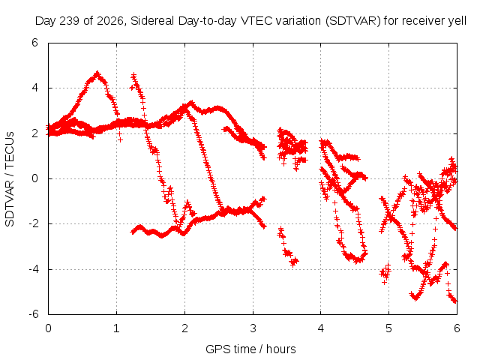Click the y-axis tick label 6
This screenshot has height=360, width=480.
[x=34, y=43]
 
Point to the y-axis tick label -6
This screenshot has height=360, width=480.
[x=33, y=314]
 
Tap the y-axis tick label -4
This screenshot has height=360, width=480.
[x=33, y=269]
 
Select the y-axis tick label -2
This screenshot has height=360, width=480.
[x=33, y=223]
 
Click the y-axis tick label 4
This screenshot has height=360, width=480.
[x=34, y=88]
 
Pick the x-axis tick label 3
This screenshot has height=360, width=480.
[x=253, y=328]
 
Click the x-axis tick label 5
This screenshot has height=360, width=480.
[x=388, y=328]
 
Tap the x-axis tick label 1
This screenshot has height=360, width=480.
[x=116, y=328]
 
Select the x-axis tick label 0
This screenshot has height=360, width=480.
[x=48, y=328]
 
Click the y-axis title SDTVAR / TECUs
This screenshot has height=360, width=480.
[x=10, y=179]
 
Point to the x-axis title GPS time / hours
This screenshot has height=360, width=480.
[x=250, y=349]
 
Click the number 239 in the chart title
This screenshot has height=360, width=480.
[x=70, y=21]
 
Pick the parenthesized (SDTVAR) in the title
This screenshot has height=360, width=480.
[x=352, y=21]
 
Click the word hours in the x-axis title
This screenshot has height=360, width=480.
[x=281, y=349]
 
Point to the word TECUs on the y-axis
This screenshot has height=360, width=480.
[x=10, y=149]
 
